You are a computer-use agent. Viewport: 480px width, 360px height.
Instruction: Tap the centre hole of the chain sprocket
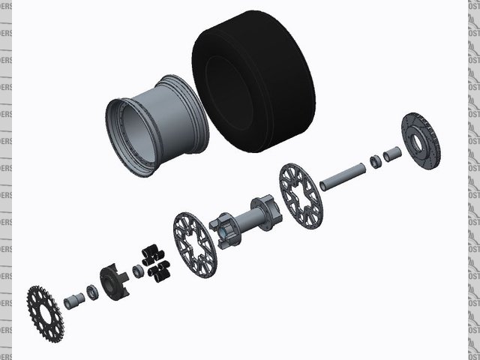pos(46,310)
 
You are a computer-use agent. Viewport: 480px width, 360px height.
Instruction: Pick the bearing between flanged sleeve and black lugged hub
pos(91,290)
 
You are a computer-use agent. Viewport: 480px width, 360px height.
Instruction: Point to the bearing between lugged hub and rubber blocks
pos(138,269)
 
